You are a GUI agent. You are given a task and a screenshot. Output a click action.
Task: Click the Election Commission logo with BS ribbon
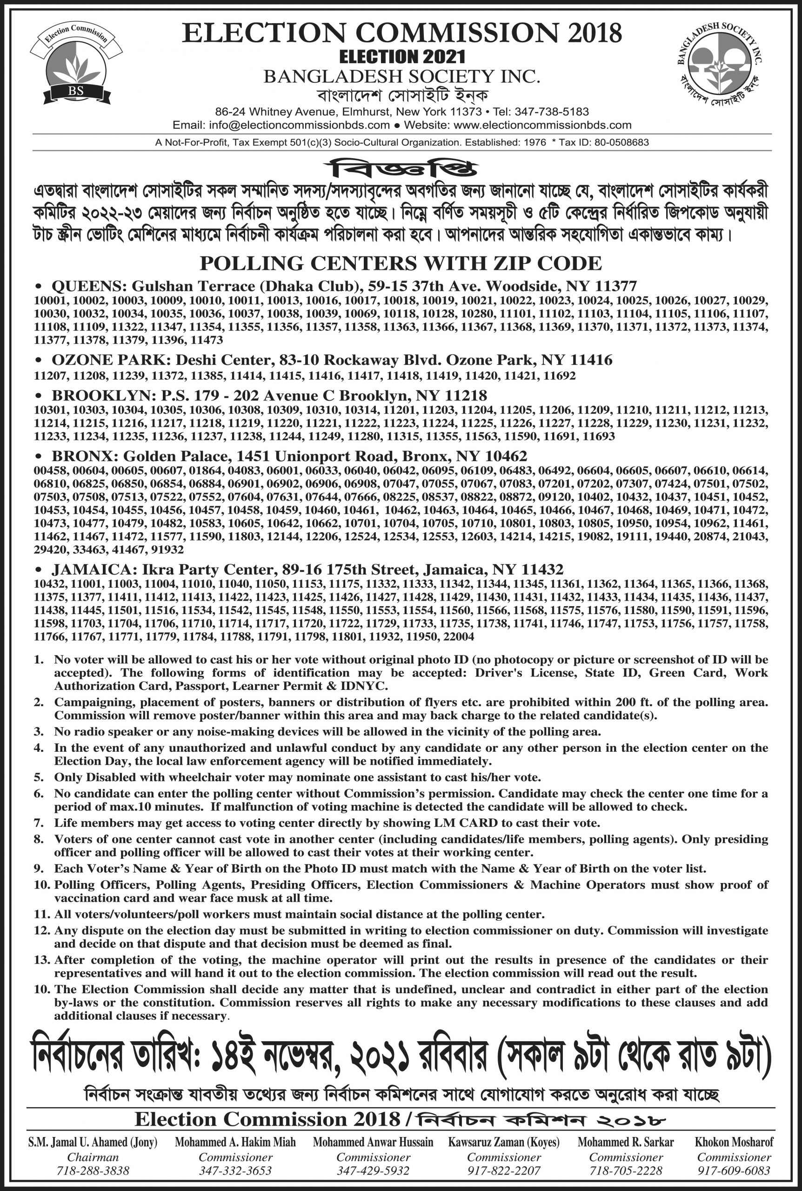tap(76, 65)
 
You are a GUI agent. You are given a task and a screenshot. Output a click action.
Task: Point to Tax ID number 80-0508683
tap(621, 143)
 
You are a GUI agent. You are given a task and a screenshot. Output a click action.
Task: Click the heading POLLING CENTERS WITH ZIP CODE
tap(401, 263)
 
